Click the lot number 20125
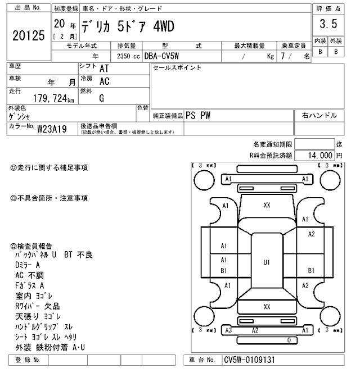click(28, 35)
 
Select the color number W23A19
click(52, 129)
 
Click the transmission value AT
click(104, 68)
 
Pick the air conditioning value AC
click(104, 81)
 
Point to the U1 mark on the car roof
click(267, 262)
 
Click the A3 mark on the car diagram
click(228, 330)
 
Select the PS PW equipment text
click(197, 115)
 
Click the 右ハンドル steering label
click(319, 115)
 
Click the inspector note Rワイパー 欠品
click(39, 306)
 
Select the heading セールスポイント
click(177, 68)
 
